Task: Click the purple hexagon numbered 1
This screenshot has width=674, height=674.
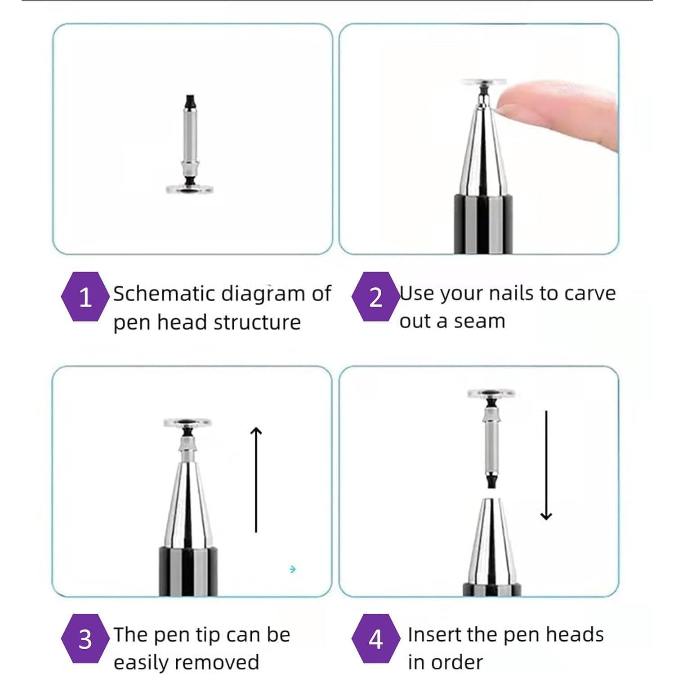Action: (x=85, y=297)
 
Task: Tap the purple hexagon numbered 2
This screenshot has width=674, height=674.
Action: (x=375, y=297)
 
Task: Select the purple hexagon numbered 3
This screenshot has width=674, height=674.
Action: (x=85, y=638)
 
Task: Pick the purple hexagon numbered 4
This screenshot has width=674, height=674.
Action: (x=375, y=638)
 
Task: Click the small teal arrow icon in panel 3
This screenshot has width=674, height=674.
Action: (x=293, y=569)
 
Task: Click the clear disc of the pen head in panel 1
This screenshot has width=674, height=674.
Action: (x=189, y=189)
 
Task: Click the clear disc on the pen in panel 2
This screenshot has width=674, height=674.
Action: (x=484, y=82)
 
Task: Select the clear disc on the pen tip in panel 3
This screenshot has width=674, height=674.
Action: (x=187, y=423)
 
